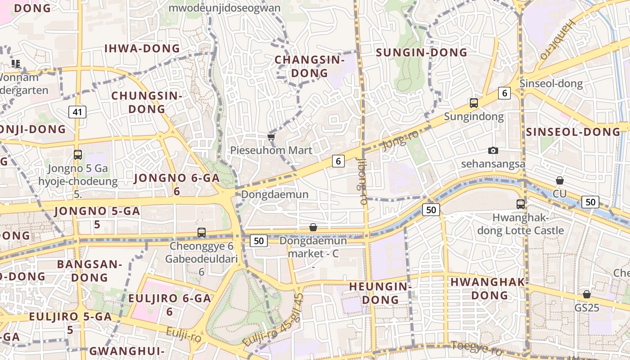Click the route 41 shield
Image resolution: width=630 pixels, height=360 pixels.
point(77,112)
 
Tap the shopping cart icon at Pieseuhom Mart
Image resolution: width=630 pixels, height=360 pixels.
point(271,137)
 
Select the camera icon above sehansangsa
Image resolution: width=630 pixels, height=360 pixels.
point(493,150)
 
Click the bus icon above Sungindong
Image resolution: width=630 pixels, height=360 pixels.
point(474,103)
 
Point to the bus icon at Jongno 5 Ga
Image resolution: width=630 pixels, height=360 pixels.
point(78,155)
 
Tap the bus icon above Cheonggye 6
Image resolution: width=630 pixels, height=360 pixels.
point(202,233)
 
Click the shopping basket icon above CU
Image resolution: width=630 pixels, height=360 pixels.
point(559,180)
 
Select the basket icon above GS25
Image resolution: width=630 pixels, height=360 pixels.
point(586,294)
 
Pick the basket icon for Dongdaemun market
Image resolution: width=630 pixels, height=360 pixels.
point(313,227)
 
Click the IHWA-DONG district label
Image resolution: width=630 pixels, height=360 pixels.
point(142,49)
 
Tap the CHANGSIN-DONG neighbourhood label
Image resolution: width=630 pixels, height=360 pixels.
point(309,66)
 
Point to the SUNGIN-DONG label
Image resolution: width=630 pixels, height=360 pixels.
point(422,53)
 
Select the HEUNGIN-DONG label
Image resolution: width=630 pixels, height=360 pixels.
point(380,293)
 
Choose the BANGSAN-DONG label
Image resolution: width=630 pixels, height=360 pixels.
point(90,270)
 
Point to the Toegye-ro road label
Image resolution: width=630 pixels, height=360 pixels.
point(476,348)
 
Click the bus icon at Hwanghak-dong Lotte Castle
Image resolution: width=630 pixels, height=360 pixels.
point(521,204)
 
